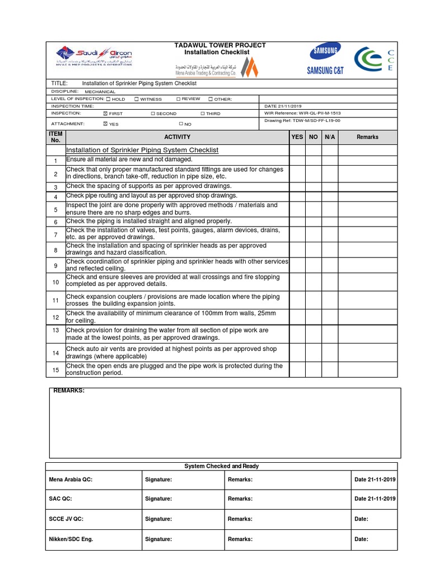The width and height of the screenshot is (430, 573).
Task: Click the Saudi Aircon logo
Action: click(94, 57)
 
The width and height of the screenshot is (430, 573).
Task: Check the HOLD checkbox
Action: click(108, 99)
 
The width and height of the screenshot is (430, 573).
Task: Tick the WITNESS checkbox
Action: click(137, 99)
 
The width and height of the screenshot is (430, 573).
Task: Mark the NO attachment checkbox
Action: click(181, 124)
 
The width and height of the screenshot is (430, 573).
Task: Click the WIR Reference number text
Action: click(302, 113)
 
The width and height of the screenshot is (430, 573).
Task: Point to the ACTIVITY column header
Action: click(177, 137)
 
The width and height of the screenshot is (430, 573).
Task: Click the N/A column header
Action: click(330, 137)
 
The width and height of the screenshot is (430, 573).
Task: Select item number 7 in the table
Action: click(55, 234)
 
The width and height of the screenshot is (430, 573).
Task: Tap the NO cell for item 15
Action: click(313, 370)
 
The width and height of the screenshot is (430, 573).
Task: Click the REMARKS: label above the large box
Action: click(69, 391)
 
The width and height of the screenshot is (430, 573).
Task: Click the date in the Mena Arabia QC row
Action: click(375, 480)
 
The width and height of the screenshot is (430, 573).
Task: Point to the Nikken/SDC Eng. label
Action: click(71, 539)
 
